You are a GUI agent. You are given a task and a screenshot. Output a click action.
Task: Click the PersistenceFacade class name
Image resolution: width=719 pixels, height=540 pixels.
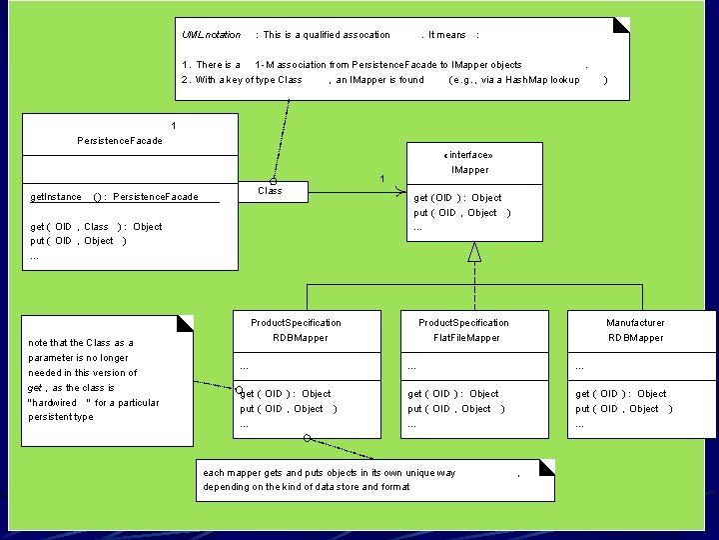pos(119,141)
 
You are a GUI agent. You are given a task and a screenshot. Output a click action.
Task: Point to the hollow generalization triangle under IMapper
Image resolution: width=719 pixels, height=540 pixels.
pos(474,251)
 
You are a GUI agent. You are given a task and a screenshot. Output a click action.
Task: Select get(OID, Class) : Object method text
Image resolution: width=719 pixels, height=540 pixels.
pos(96,227)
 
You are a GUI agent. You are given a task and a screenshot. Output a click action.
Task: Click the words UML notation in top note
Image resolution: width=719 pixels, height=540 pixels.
pos(211,35)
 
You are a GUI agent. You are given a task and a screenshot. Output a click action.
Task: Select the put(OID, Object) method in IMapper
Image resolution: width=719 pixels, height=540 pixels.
pos(461,213)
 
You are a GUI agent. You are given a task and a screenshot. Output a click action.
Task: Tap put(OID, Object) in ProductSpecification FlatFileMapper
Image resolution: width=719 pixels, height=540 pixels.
pos(455,409)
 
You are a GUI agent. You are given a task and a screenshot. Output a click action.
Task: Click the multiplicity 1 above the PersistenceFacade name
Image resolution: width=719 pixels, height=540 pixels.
pos(174,126)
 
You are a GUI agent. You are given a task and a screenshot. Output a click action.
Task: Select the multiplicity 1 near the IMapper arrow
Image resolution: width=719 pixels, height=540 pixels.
pos(380,179)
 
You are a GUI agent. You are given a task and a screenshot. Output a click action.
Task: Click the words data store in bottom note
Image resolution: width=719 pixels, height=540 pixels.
pos(341,487)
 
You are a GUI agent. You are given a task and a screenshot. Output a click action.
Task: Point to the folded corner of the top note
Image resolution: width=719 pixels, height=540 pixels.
pos(621,25)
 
